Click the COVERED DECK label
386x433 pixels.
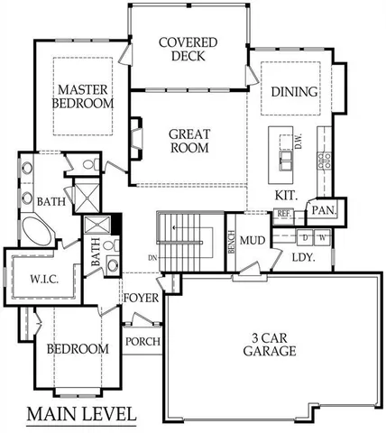tap(188, 49)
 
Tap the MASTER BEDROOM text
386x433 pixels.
tap(85, 97)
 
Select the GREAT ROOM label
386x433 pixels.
tap(189, 141)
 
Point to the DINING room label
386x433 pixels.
tap(294, 92)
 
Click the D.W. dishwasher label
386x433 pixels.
tap(299, 142)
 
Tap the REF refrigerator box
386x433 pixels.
tap(282, 214)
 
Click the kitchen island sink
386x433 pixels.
tap(287, 160)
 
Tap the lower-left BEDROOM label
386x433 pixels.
tap(78, 348)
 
